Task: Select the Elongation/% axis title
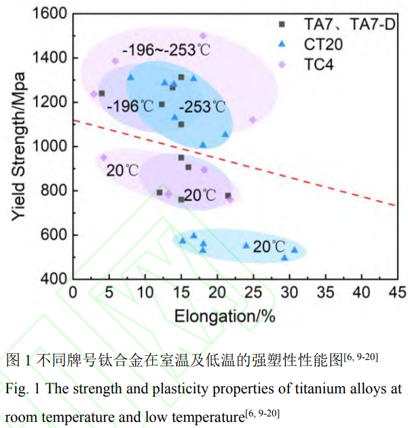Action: pyautogui.click(x=225, y=316)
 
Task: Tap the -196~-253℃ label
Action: pyautogui.click(x=167, y=51)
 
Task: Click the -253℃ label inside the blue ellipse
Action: pyautogui.click(x=202, y=107)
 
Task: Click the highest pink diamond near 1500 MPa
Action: pyautogui.click(x=202, y=36)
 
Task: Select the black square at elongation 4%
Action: pyautogui.click(x=102, y=93)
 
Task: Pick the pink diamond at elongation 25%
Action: pyautogui.click(x=253, y=120)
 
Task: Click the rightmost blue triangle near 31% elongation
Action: pyautogui.click(x=295, y=249)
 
